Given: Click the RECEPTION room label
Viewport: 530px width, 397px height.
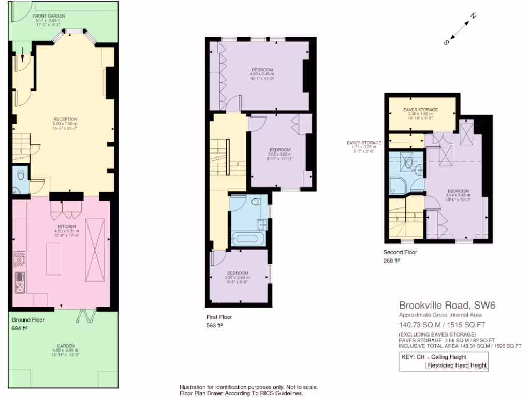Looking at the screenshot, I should pyautogui.click(x=64, y=119).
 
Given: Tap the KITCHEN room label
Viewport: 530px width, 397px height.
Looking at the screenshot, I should pyautogui.click(x=67, y=226).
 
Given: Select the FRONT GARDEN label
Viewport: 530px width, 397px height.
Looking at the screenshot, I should pyautogui.click(x=49, y=16).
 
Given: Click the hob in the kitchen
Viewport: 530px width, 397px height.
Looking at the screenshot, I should pyautogui.click(x=20, y=258).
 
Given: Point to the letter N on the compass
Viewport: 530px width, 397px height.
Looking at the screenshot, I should pyautogui.click(x=472, y=17).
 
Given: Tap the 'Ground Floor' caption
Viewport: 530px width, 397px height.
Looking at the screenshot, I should pyautogui.click(x=27, y=320).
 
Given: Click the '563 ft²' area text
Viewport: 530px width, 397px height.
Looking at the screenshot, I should pyautogui.click(x=214, y=326).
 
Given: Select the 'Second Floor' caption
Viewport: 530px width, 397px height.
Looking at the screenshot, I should pyautogui.click(x=400, y=253).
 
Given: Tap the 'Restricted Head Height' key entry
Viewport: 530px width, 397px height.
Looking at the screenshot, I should pyautogui.click(x=457, y=365).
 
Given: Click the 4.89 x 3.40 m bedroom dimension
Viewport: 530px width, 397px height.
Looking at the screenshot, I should pyautogui.click(x=262, y=74).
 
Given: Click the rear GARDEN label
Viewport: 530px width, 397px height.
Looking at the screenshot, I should pyautogui.click(x=66, y=346).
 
